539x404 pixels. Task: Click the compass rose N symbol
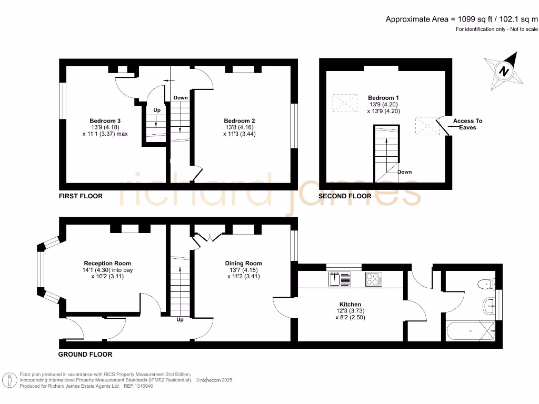coord(504,71)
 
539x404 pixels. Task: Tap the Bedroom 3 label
coord(105,121)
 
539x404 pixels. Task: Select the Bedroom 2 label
coord(239,121)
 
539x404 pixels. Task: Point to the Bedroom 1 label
coord(383,98)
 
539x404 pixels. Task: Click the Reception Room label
coord(107,264)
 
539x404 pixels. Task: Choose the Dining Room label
coord(243,264)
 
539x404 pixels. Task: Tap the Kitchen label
coord(350,305)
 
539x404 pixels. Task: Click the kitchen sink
coord(340,279)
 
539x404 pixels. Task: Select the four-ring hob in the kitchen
coord(373,279)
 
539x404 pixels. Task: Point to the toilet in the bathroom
coord(486,284)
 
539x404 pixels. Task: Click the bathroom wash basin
coord(490,306)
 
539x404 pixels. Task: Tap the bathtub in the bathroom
coord(471,331)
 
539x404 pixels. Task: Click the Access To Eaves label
coord(467,124)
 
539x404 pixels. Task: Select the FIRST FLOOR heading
coord(81,196)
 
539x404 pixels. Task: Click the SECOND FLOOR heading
coord(345,196)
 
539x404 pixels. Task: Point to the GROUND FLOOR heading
coord(85,355)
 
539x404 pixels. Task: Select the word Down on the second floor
coord(405,172)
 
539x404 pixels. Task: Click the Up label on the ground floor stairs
coord(180,320)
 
